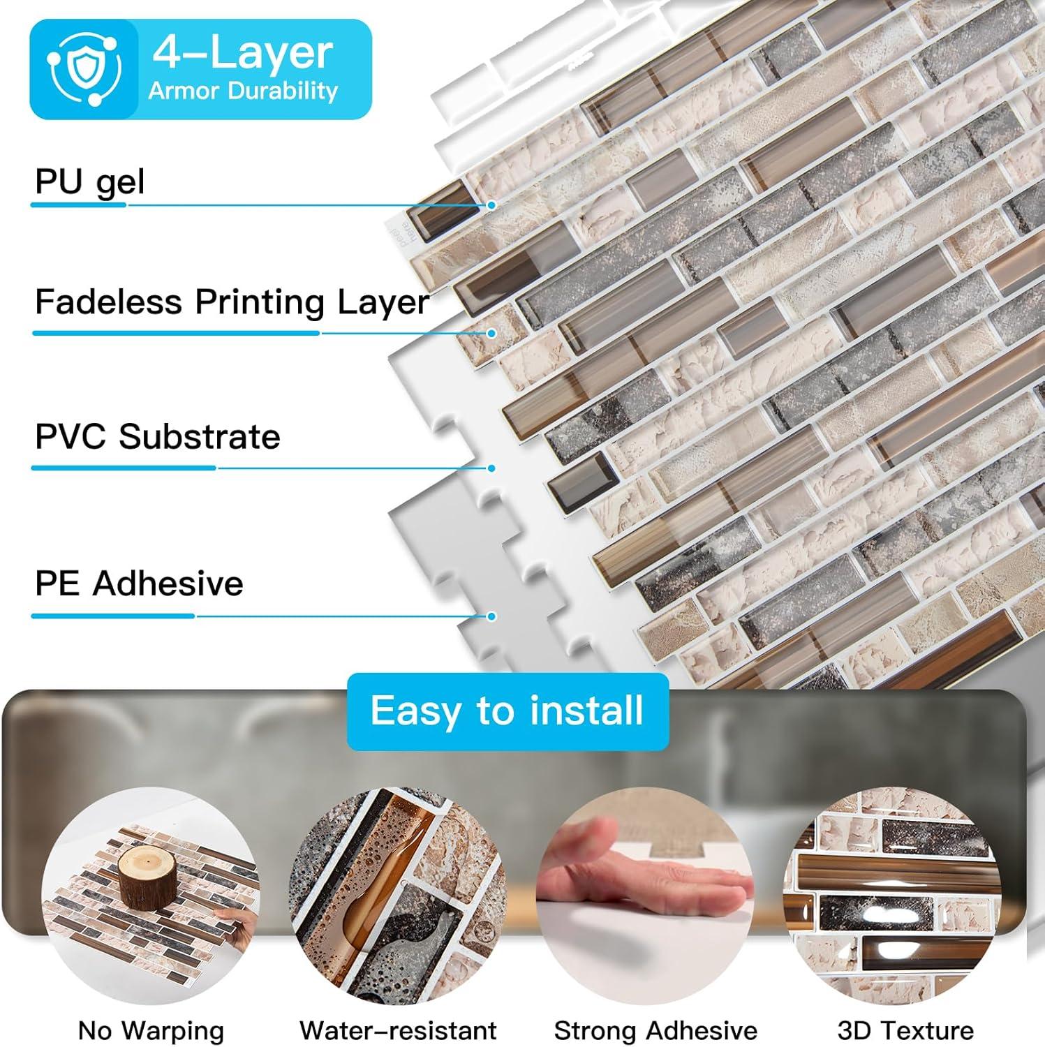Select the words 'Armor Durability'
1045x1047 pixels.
pos(244,91)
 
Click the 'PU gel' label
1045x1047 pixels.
pos(90,181)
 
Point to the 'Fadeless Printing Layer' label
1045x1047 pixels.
pos(232,302)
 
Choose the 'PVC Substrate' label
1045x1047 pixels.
pos(158,437)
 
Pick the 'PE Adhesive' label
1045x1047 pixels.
pos(139,584)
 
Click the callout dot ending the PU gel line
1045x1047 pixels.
pos(492,205)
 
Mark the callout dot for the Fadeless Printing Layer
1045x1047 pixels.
pos(492,334)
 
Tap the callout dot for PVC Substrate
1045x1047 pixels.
pos(492,468)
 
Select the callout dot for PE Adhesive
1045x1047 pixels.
pos(492,616)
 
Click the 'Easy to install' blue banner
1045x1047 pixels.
pos(507,711)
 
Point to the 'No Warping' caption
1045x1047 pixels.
pos(151,1030)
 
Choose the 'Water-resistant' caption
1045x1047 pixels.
pos(398,1030)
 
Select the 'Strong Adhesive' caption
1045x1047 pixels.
pos(655,1030)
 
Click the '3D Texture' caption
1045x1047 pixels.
pos(905,1030)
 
